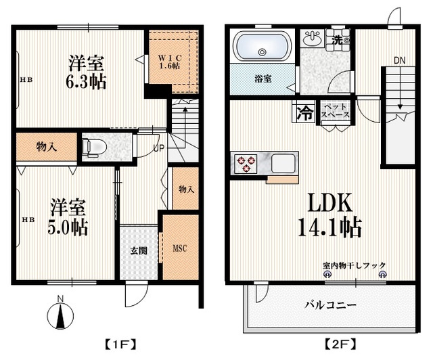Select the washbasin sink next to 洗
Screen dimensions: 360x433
coord(312,40)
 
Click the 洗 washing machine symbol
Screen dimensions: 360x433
coord(337,39)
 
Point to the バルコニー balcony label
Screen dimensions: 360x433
coord(329,305)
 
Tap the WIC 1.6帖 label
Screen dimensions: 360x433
coord(169,61)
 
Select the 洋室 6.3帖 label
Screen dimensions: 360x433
coord(87,72)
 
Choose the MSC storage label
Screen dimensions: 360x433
coord(179,248)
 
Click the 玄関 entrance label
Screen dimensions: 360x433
coord(139,251)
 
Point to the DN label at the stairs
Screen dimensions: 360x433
coord(400,61)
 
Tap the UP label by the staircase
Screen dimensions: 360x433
coord(158,148)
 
